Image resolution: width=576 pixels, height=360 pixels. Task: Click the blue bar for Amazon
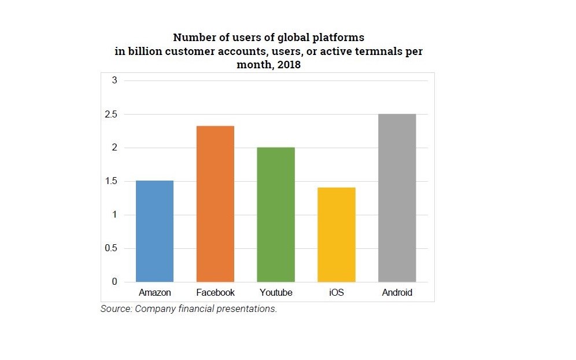click(x=154, y=232)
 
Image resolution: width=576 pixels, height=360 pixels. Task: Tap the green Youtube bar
click(x=276, y=215)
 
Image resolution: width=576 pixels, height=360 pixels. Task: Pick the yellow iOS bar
click(x=337, y=235)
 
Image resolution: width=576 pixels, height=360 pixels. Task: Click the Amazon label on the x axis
click(x=154, y=293)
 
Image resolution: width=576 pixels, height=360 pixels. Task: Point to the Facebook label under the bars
click(x=215, y=293)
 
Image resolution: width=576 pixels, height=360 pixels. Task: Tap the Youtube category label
click(x=276, y=293)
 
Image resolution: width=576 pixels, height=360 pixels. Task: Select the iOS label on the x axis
click(x=337, y=293)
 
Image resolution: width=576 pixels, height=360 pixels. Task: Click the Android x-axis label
click(x=397, y=293)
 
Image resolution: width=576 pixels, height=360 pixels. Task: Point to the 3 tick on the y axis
click(x=115, y=80)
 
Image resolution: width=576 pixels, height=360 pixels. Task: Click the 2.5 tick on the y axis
click(x=111, y=115)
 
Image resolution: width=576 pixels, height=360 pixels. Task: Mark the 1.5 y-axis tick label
click(x=111, y=182)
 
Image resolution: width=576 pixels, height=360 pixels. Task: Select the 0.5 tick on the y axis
click(x=111, y=249)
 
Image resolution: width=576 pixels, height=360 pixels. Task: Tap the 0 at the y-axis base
click(x=115, y=282)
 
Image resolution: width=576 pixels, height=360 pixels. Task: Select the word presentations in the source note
click(x=248, y=309)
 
